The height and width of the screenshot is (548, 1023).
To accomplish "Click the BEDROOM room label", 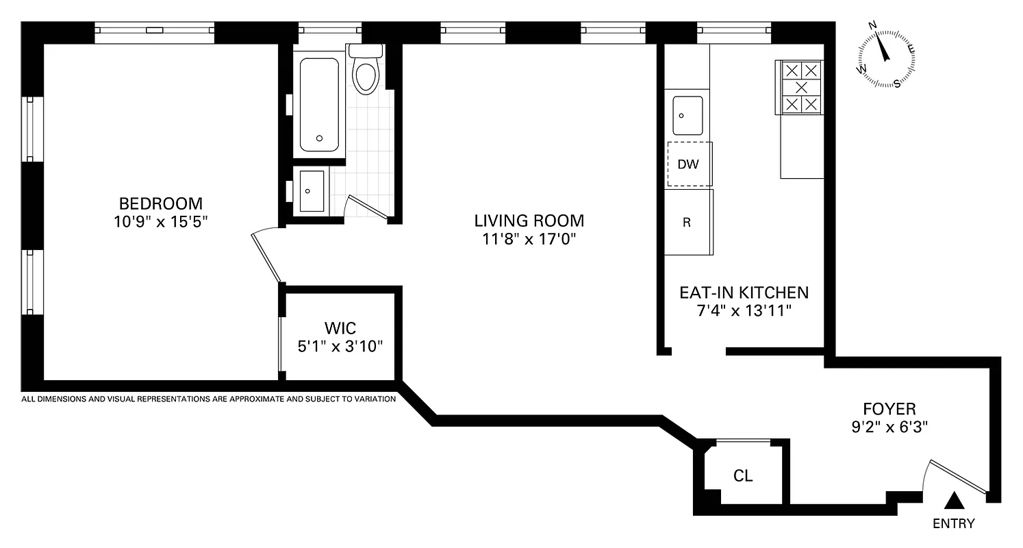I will tap(161, 203).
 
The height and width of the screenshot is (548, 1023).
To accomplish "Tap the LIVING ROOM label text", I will tap(529, 221).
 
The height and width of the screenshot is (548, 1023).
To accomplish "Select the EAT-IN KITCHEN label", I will tap(744, 292).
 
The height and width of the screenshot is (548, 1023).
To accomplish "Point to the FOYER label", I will tap(889, 409).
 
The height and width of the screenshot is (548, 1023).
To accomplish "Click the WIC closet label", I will tap(340, 327).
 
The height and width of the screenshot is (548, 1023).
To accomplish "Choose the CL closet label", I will tap(743, 476).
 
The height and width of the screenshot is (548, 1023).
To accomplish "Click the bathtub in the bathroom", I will tap(319, 105).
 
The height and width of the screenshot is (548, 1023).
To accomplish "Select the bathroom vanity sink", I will tap(312, 191).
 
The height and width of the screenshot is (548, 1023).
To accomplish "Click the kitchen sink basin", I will tap(687, 116).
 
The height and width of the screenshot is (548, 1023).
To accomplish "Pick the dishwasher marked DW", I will tap(688, 164).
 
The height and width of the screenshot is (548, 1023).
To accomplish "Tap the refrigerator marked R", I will tap(687, 223).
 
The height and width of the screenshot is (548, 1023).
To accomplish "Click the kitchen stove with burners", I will tap(800, 87).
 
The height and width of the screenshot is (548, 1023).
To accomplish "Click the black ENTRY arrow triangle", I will tap(954, 502).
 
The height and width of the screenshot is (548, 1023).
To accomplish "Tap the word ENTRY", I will tap(954, 524).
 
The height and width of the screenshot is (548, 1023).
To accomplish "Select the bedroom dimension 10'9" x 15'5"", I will tap(161, 223).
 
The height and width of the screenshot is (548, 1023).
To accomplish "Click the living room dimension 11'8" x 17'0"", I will tap(529, 240).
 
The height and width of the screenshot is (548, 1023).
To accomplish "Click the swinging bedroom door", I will tap(267, 257).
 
